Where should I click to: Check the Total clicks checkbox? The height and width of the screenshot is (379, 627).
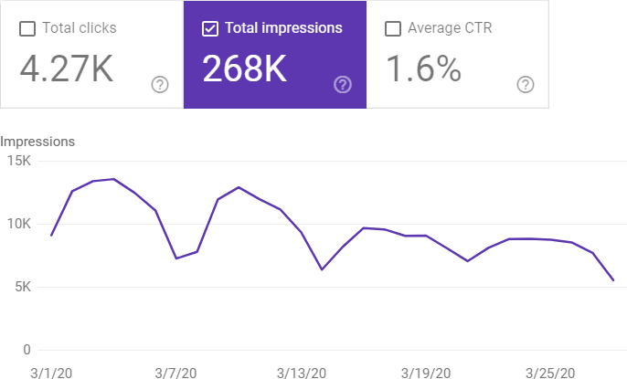(x=27, y=28)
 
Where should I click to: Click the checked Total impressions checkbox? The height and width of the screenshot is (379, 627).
(x=210, y=28)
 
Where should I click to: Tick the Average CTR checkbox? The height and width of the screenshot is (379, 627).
(x=393, y=28)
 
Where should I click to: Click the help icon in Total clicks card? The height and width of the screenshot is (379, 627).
(x=160, y=85)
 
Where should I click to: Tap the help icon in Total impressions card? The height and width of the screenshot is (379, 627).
(x=343, y=85)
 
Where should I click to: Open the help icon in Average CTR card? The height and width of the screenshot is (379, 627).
(x=526, y=85)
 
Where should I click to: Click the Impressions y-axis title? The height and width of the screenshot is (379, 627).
(x=37, y=142)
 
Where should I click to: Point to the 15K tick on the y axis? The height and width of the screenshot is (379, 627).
(x=18, y=162)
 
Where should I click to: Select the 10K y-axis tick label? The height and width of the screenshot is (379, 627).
(x=18, y=225)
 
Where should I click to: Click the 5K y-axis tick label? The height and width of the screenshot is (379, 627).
(x=21, y=287)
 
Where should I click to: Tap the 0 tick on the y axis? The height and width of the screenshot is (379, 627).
(x=27, y=350)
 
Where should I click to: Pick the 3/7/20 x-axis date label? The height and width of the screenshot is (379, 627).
(x=176, y=373)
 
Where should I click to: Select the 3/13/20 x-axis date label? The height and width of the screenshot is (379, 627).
(x=302, y=373)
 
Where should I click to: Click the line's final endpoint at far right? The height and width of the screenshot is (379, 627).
(x=612, y=280)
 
